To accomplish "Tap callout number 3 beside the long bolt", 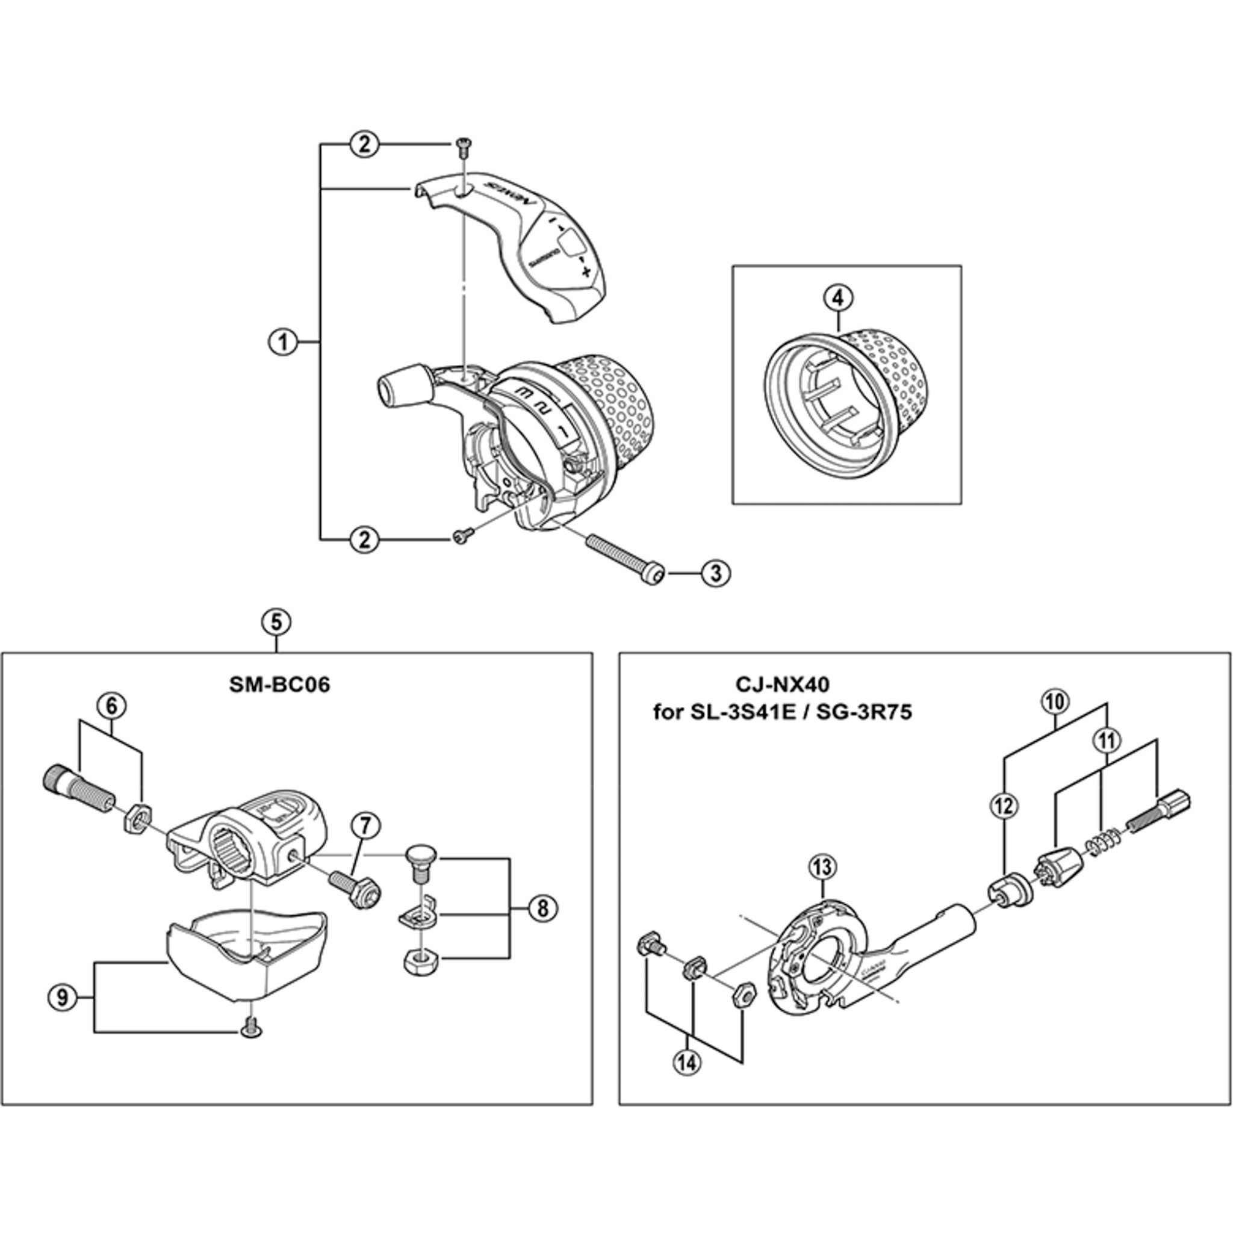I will coord(715,573).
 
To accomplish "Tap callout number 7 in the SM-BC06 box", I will coord(364,825).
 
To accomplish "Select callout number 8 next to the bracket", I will coord(542,907).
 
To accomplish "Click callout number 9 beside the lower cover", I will coord(62,998).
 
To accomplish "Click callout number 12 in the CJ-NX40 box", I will coord(1004,807).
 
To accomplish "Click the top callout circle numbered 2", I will coord(364,145).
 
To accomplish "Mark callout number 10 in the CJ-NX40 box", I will coord(1055,701).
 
